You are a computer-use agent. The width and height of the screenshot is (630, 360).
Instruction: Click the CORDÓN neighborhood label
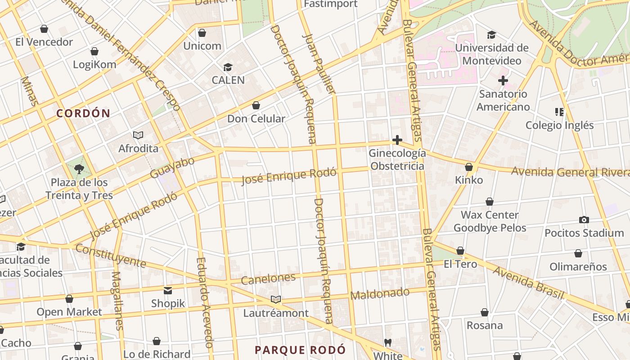[83, 113]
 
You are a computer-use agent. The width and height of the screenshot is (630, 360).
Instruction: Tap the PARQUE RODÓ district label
[300, 350]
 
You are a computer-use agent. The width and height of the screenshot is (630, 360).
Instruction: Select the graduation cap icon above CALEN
[228, 67]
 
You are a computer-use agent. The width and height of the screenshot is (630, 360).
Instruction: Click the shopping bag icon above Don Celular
[256, 106]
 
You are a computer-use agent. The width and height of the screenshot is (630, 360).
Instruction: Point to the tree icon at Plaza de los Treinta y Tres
[79, 169]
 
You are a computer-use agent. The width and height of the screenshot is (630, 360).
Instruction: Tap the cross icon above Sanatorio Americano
[503, 81]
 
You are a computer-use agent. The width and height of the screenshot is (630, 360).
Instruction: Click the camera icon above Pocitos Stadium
[584, 220]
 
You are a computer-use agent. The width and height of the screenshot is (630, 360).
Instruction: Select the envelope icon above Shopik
[168, 291]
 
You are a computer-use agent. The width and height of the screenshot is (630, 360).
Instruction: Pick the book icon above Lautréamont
[276, 300]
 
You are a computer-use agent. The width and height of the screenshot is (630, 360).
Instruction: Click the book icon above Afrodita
[138, 135]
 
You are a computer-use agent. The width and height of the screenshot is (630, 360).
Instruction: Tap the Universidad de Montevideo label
[492, 54]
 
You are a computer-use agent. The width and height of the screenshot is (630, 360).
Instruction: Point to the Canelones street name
[268, 279]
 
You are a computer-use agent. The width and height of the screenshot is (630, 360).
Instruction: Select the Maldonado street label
[380, 294]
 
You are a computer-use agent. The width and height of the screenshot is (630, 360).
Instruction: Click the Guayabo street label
[172, 167]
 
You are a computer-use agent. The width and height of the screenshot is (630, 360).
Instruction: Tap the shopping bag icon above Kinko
[469, 167]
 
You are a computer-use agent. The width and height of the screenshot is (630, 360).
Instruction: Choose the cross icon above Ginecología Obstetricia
[397, 140]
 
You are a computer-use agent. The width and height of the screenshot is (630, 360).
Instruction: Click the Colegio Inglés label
[559, 125]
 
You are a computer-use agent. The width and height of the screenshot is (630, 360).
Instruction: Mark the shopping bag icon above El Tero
[460, 251]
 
